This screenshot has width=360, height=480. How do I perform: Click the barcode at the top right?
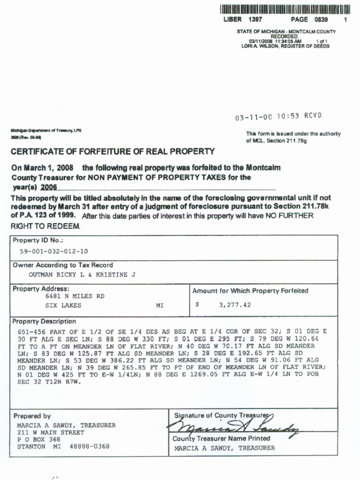pyautogui.click(x=285, y=9)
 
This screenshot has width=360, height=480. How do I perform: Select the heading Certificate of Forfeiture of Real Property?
pyautogui.click(x=112, y=151)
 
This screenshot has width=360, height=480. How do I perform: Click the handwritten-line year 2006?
pyautogui.click(x=49, y=187)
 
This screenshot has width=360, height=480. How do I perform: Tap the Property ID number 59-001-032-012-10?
pyautogui.click(x=53, y=251)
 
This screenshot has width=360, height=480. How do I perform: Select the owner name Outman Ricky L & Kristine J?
pyautogui.click(x=82, y=275)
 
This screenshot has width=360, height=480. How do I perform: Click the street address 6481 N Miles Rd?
pyautogui.click(x=75, y=296)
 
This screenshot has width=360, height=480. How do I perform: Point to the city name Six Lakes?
pyautogui.click(x=63, y=305)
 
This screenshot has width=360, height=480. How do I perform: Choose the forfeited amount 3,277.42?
pyautogui.click(x=235, y=305)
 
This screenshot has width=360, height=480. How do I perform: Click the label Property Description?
pyautogui.click(x=44, y=322)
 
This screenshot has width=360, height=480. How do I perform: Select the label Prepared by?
pyautogui.click(x=32, y=416)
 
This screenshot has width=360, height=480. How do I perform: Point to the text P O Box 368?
pyautogui.click(x=38, y=440)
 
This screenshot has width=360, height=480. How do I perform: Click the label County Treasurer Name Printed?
pyautogui.click(x=221, y=439)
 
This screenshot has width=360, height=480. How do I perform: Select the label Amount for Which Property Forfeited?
pyautogui.click(x=250, y=291)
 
